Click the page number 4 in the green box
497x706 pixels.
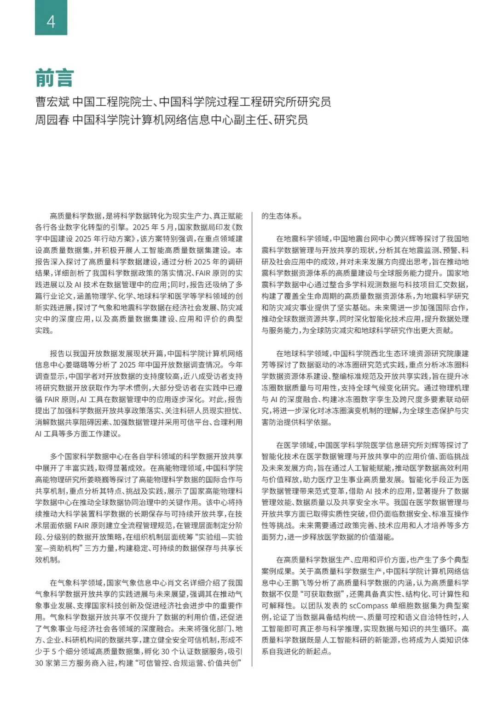coord(51,22)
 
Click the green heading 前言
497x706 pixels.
coord(54,78)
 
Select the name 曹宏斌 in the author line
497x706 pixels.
coord(52,102)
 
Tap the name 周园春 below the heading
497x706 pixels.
coord(52,120)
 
